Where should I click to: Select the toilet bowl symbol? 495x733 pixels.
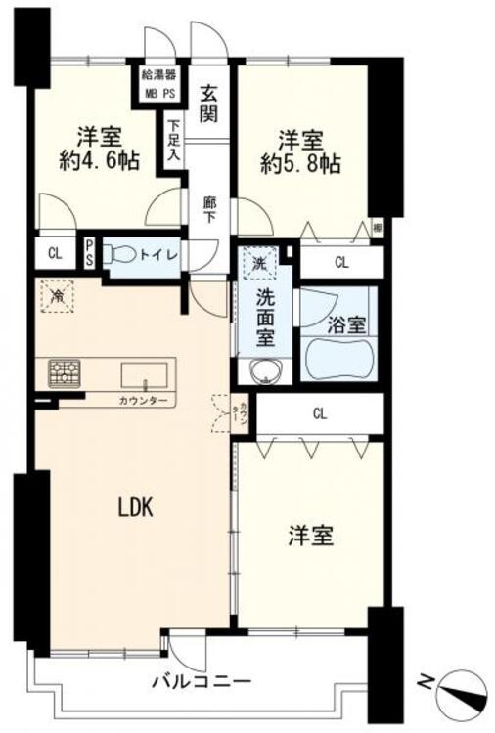(121, 253)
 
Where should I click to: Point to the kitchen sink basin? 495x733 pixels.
(143, 374)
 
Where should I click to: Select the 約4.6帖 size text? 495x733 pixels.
(98, 162)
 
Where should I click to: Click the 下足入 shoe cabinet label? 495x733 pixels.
(173, 139)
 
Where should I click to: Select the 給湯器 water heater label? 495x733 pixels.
(157, 74)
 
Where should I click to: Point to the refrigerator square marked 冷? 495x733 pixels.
(57, 294)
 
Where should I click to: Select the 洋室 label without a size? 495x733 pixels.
(310, 536)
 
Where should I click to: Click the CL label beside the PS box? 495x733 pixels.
(54, 253)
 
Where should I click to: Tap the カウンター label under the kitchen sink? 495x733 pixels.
(143, 401)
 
